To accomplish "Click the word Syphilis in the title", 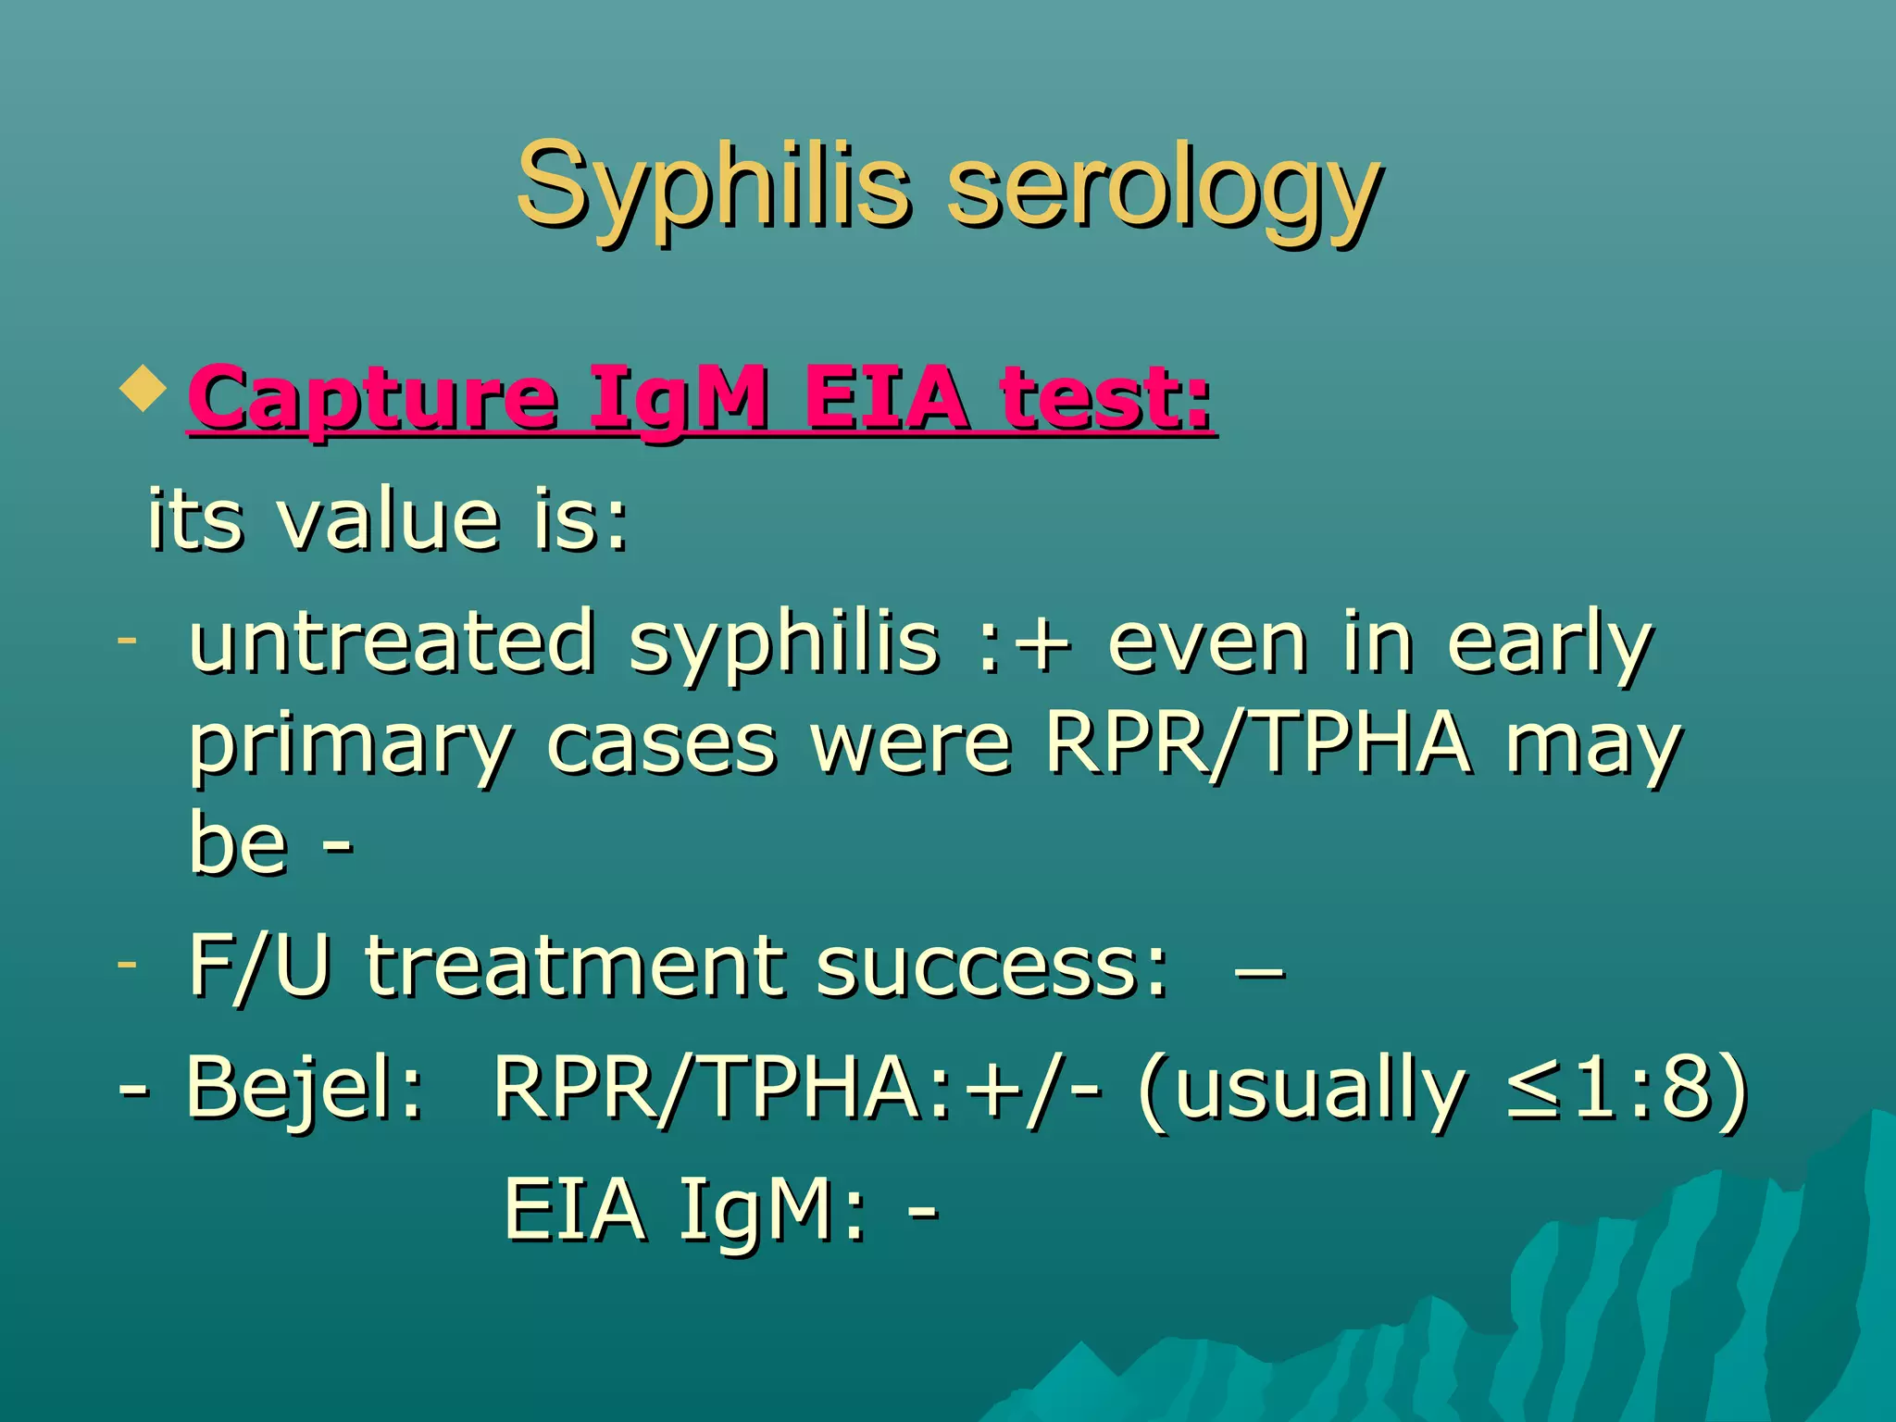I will pos(713,185).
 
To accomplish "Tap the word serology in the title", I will pos(1163,190).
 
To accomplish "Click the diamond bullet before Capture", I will pos(143,389).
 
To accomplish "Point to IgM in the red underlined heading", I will pos(679,400).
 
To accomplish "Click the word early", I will pos(1550,643).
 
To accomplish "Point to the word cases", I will pos(661,745).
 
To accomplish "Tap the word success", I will pos(991,967).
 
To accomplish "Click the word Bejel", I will pos(304,1088).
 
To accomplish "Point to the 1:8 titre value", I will pos(1639,1088).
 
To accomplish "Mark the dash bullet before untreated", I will pos(128,640).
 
